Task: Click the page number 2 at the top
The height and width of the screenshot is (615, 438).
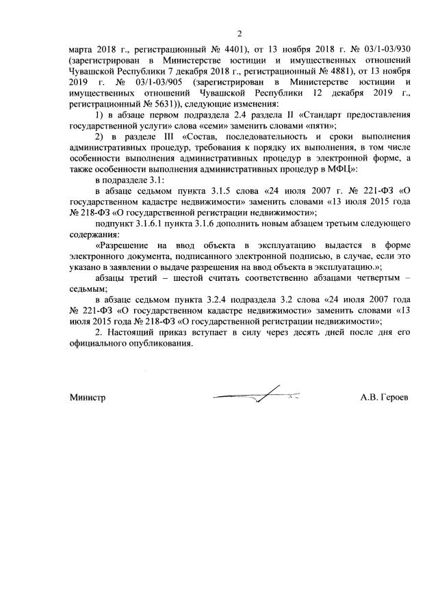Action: [x=240, y=33]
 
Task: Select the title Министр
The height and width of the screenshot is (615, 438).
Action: [x=87, y=396]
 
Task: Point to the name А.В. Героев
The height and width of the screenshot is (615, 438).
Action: [x=385, y=396]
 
